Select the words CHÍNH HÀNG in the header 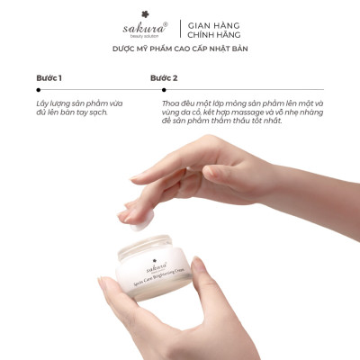click(214, 33)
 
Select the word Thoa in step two click(172, 103)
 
